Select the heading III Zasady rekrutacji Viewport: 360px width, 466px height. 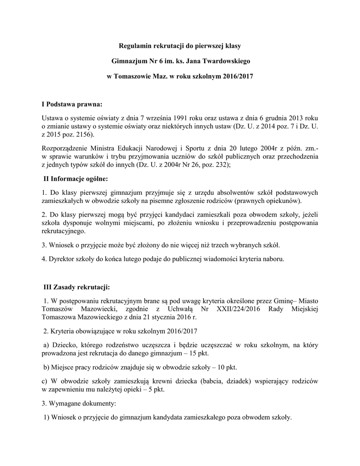(x=76, y=287)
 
